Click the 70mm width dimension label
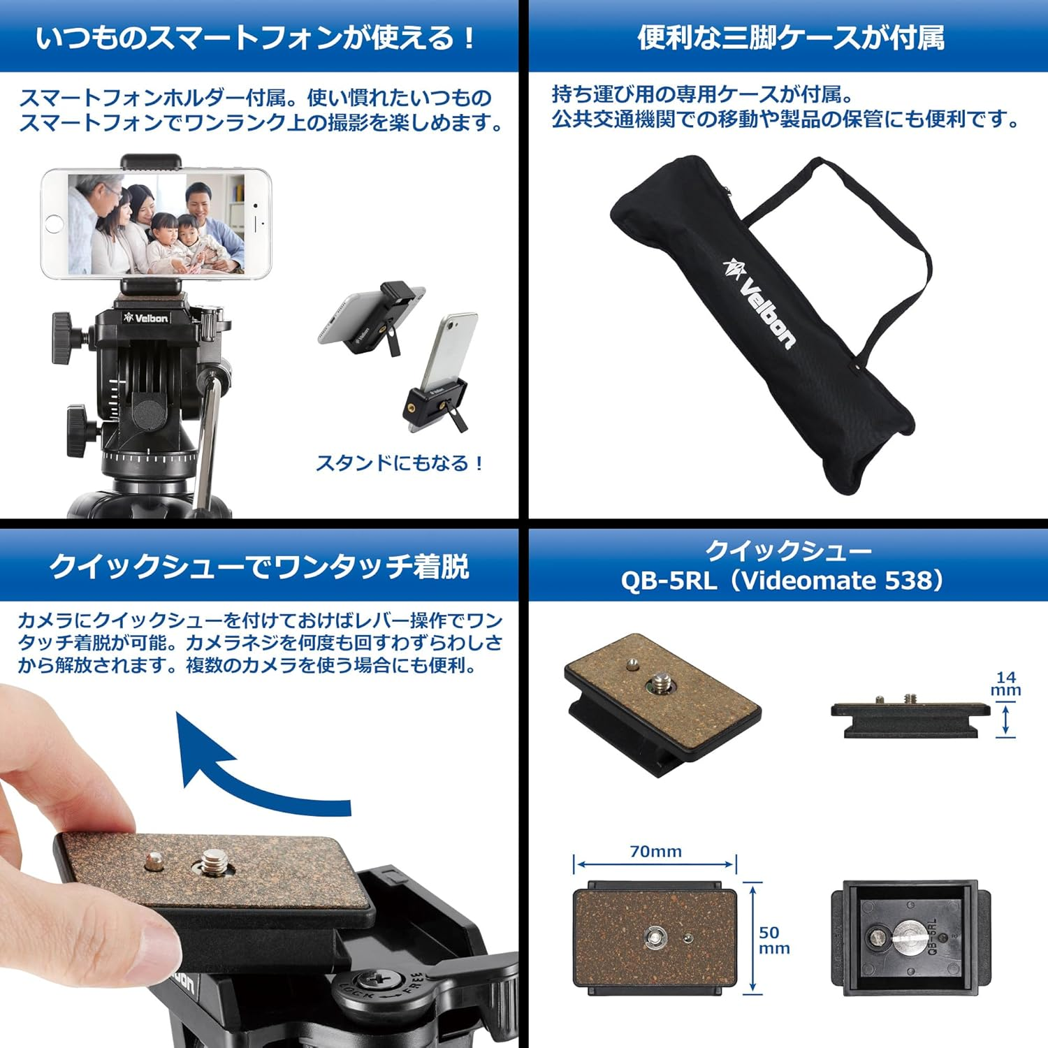655,851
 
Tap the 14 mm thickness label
1006,683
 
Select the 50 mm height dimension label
774,940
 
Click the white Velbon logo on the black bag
759,302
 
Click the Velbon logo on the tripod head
145,318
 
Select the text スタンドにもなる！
400,463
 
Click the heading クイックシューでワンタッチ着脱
259,566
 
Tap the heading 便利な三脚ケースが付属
791,37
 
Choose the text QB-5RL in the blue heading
669,581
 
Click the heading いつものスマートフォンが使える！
257,38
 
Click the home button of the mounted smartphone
54,224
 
